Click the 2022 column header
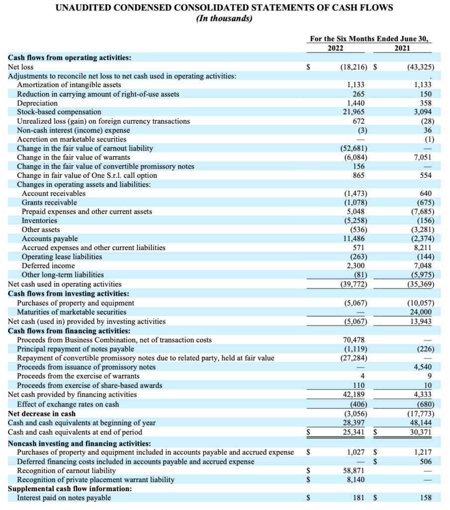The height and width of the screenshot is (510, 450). (x=338, y=48)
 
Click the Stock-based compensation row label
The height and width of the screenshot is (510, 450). (x=59, y=112)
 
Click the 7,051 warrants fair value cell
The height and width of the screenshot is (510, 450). (x=423, y=157)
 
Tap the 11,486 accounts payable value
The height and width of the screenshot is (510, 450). (x=354, y=239)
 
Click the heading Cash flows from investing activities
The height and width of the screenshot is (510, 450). (x=69, y=294)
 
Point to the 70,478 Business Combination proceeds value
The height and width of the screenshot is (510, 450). (x=354, y=340)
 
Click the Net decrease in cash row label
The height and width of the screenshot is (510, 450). (x=42, y=413)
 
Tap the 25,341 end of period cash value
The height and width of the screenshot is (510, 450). (x=354, y=432)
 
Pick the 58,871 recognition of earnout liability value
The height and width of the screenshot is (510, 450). (x=354, y=470)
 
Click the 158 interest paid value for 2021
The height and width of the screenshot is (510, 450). (x=427, y=497)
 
